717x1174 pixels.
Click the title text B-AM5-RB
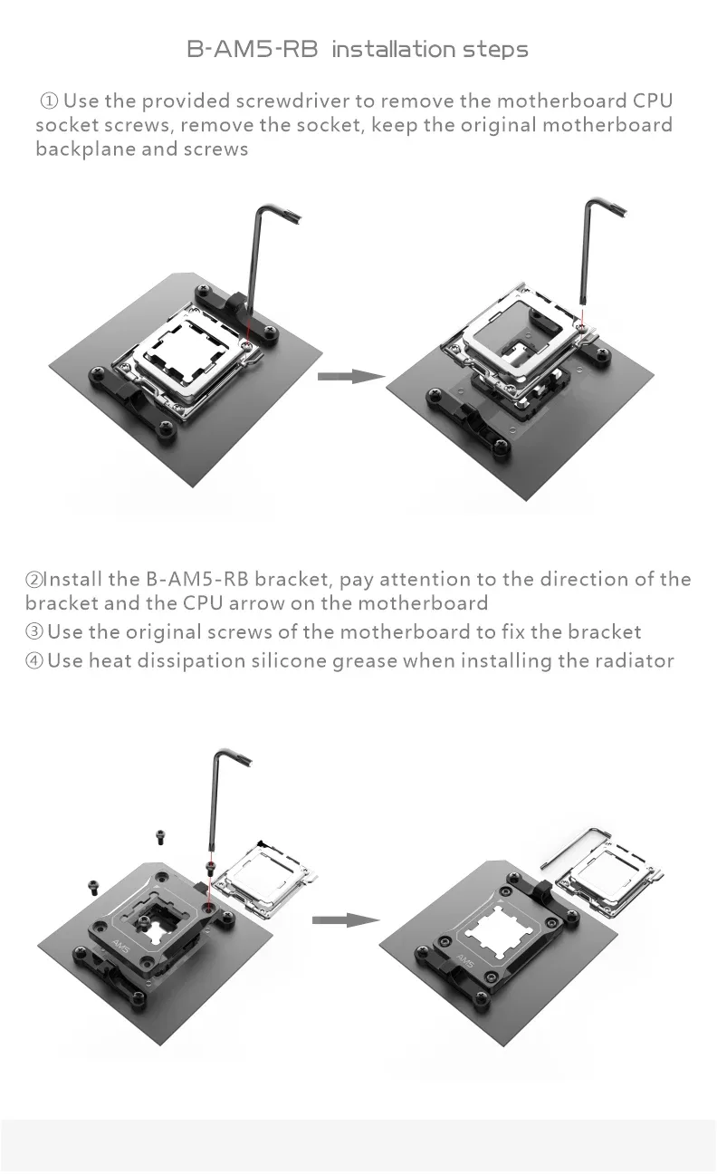pos(253,49)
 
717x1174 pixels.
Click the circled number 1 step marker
pos(49,101)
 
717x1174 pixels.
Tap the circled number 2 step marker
pos(33,580)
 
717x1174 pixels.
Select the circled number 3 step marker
pos(33,631)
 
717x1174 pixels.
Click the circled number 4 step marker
pos(33,660)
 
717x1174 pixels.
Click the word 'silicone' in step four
pos(289,660)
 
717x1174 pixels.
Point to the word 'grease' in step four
pos(365,662)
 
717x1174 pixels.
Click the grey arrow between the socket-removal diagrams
pos(351,376)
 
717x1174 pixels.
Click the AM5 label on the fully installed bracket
pos(465,960)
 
